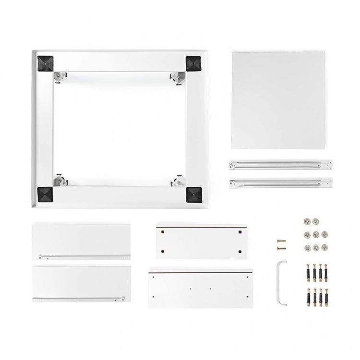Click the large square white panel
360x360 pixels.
point(278,101)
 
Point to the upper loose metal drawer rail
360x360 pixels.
point(280,165)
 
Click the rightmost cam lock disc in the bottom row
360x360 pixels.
point(325,247)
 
